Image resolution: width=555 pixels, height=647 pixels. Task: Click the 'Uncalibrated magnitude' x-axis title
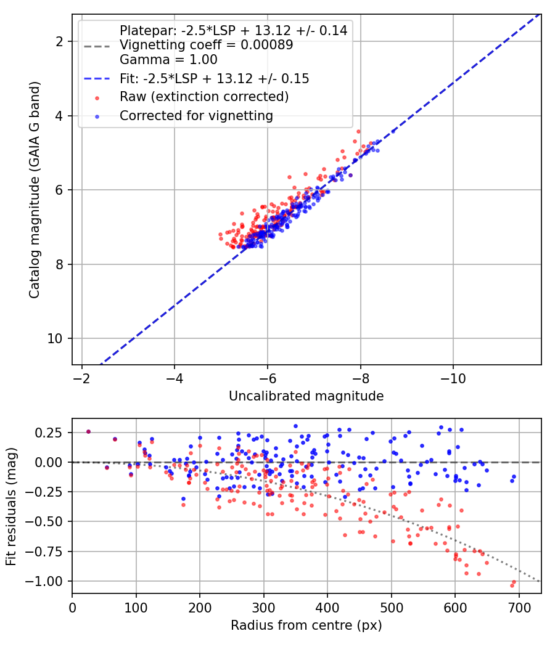pos(306,396)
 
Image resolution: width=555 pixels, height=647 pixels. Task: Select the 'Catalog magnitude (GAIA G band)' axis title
pos(35,190)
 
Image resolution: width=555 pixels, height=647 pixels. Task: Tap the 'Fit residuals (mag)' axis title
pos(11,507)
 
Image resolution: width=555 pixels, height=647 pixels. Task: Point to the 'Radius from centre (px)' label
pos(306,625)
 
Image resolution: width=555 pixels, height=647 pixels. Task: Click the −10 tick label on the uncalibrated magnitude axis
pos(453,378)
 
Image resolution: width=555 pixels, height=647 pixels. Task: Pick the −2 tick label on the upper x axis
pos(81,378)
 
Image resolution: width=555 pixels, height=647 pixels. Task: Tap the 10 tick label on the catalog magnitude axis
pos(55,338)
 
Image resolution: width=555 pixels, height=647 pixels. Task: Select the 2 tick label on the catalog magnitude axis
pos(59,41)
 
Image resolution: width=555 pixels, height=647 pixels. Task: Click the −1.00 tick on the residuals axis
pos(43,581)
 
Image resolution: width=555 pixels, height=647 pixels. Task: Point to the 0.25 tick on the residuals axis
pos(48,433)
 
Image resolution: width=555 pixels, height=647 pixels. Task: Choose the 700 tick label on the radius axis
pos(519,608)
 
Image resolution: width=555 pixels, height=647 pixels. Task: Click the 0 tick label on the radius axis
pos(72,608)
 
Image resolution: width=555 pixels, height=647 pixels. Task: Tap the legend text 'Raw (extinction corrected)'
pos(204,97)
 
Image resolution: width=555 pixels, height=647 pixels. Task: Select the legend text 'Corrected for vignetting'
pos(196,116)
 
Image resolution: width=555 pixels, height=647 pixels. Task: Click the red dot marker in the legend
pos(97,98)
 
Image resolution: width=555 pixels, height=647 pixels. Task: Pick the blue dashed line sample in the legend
pos(97,79)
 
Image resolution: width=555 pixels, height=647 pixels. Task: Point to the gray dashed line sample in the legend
pos(97,46)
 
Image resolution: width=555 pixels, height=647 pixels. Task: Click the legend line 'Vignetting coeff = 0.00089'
pos(207,44)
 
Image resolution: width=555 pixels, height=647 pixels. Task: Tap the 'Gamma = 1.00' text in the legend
pos(168,59)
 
